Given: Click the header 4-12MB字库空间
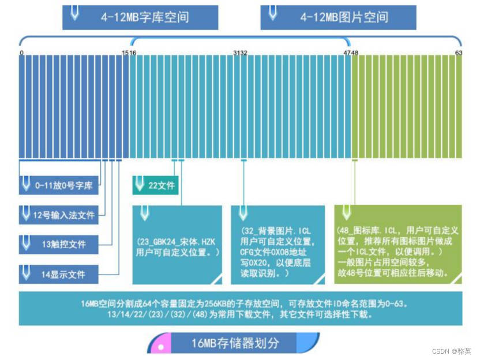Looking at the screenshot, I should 144,17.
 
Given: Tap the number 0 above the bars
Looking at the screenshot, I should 21,53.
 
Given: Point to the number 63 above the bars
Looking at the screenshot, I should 459,53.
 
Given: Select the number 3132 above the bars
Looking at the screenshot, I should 240,53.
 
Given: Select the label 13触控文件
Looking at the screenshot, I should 63,245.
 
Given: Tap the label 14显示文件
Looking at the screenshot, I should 63,274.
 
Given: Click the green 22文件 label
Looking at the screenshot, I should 161,186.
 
